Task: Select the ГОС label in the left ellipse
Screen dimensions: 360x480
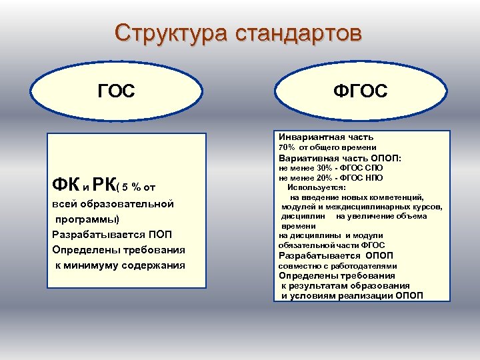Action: click(116, 91)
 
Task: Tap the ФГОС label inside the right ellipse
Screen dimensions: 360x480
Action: click(361, 91)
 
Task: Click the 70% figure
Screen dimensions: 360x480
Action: click(287, 147)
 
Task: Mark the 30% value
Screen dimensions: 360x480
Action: click(323, 169)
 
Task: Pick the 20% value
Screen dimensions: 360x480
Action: click(323, 178)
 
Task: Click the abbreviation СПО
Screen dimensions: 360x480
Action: click(374, 169)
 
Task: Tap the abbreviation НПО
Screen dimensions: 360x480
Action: click(374, 178)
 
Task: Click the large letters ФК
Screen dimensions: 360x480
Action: click(64, 183)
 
